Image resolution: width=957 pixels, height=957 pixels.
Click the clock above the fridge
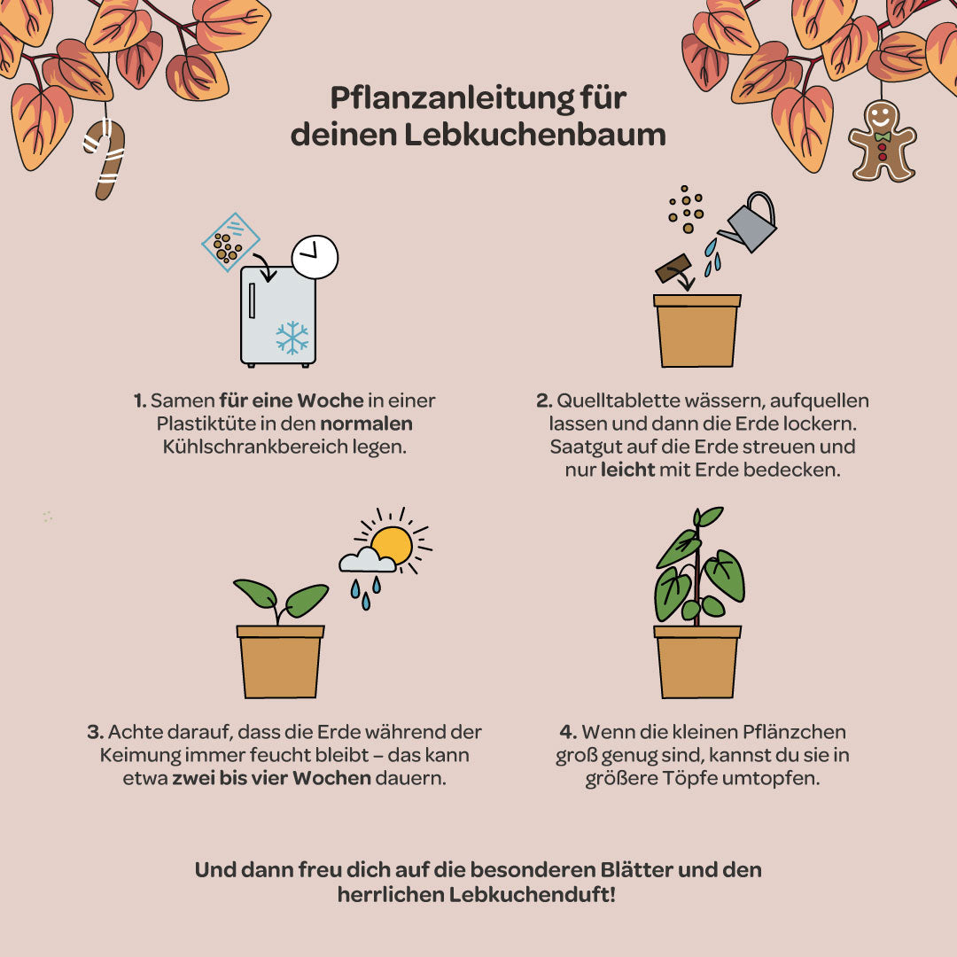click(x=315, y=257)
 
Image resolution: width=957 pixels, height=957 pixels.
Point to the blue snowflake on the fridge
click(x=292, y=338)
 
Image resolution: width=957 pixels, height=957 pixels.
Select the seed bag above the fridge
click(x=230, y=241)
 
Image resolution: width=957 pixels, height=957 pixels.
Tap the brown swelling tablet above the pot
click(x=673, y=268)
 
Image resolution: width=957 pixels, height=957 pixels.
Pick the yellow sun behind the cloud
click(x=393, y=544)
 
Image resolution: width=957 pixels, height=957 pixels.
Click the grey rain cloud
click(x=366, y=560)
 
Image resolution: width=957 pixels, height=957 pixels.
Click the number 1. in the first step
click(x=140, y=401)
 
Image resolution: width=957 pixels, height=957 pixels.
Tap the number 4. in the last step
click(x=568, y=733)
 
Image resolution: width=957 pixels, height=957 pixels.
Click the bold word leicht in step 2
click(x=627, y=470)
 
